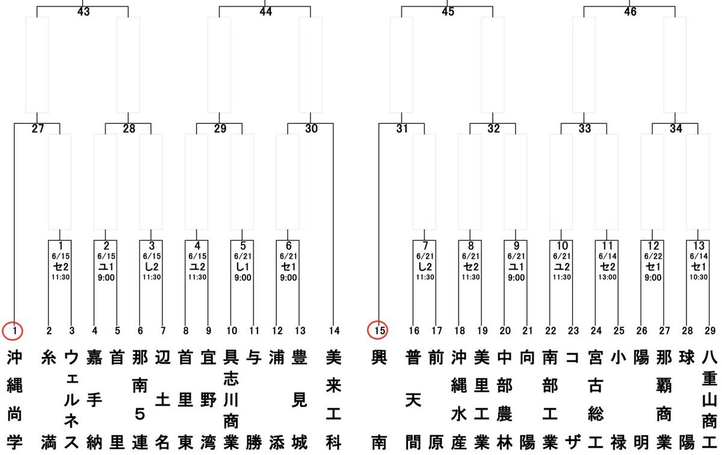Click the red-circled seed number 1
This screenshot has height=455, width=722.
click(13, 330)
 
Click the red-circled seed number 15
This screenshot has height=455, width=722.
click(378, 330)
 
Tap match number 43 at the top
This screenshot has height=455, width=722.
click(84, 12)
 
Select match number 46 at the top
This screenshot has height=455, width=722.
click(630, 12)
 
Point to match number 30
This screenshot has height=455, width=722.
click(312, 129)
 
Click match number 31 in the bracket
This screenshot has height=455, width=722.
click(403, 129)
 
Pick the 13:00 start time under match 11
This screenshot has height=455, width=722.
click(607, 277)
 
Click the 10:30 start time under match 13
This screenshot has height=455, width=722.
click(699, 277)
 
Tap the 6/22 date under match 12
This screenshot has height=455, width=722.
click(653, 256)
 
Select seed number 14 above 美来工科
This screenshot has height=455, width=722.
click(335, 330)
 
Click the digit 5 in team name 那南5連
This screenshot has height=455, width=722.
click(140, 414)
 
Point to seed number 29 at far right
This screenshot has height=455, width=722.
click(710, 330)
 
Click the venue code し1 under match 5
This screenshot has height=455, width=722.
click(242, 267)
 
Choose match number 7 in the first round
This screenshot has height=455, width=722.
click(425, 246)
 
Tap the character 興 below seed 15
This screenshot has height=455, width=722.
click(379, 358)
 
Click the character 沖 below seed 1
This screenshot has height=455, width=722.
click(14, 358)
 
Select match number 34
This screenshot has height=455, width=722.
click(676, 129)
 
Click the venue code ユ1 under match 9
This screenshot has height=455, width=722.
click(516, 267)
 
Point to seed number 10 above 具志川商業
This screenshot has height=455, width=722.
click(232, 330)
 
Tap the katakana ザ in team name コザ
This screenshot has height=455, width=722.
click(573, 442)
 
